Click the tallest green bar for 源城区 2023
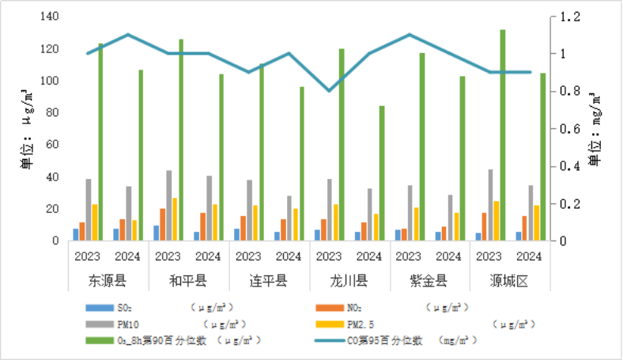(x=503, y=135)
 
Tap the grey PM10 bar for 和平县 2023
(x=168, y=205)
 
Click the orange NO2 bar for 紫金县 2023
(x=403, y=234)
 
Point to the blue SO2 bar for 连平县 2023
(x=236, y=234)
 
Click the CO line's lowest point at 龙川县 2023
(x=329, y=91)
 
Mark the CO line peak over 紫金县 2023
(x=410, y=35)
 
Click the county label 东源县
(x=108, y=281)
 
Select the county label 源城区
(x=509, y=281)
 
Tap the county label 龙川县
(x=349, y=281)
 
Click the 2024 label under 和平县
(x=208, y=256)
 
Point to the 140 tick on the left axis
(x=49, y=17)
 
